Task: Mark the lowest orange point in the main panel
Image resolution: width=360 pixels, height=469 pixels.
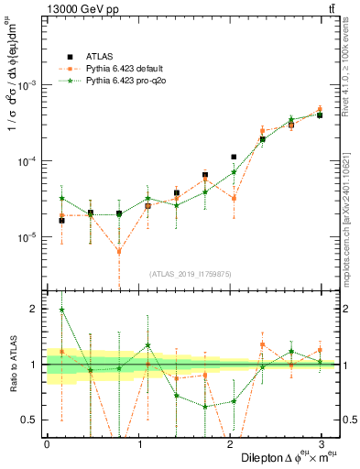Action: tap(119, 251)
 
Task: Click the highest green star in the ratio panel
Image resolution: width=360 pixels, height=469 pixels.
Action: tap(61, 310)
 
